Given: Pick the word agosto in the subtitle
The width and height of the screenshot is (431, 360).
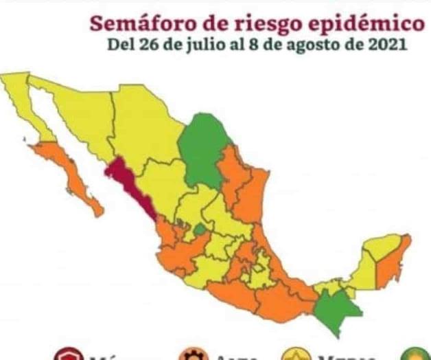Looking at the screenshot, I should [x=309, y=47].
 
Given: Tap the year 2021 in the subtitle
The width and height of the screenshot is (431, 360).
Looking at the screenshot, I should [x=388, y=46].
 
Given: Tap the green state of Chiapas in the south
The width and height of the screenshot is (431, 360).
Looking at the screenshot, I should [x=336, y=309].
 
